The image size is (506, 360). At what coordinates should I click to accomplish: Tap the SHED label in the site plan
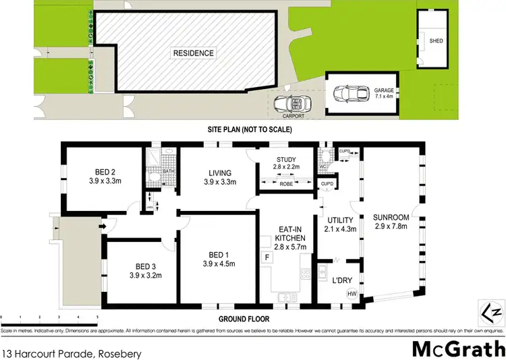tap(436, 40)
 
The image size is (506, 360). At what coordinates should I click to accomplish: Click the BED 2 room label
tap(100, 171)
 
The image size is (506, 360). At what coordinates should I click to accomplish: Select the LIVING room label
tap(220, 173)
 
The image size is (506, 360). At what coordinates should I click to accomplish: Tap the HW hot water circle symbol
tap(352, 293)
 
